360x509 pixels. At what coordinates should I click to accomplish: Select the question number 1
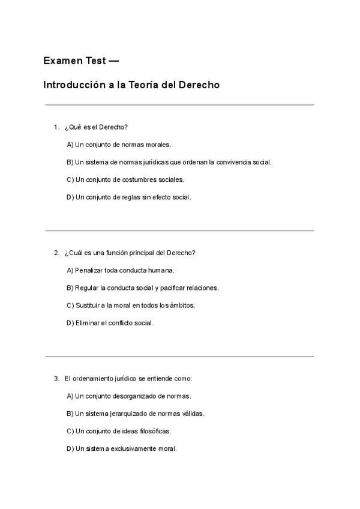click(56, 127)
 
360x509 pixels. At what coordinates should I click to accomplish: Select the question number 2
click(56, 253)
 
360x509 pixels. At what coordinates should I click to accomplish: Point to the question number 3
click(56, 379)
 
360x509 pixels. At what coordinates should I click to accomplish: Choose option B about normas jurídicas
click(169, 162)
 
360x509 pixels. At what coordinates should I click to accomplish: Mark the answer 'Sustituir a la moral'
click(130, 305)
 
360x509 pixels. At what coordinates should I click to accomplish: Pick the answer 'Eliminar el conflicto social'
click(110, 323)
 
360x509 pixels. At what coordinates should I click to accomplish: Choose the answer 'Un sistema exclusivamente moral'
click(121, 448)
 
